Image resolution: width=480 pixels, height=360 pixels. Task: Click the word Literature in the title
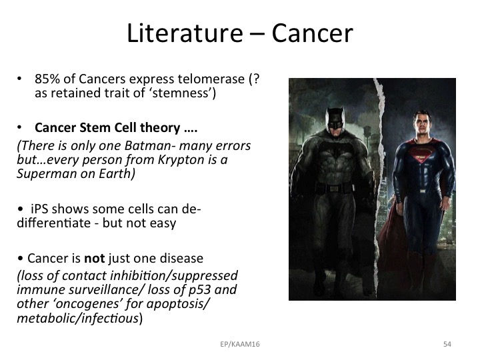coord(185,33)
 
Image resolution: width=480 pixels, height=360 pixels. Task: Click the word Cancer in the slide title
coord(312,33)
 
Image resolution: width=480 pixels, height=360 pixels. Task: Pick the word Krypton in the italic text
coord(181,160)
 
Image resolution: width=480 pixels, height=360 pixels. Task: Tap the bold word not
coord(95,259)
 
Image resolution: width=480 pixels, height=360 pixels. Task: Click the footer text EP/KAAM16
coord(240,344)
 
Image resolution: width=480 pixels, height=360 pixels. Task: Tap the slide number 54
coord(447,344)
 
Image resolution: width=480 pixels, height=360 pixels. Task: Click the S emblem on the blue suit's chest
coord(420,154)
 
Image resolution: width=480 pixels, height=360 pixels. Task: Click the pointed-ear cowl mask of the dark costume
coord(335,119)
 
